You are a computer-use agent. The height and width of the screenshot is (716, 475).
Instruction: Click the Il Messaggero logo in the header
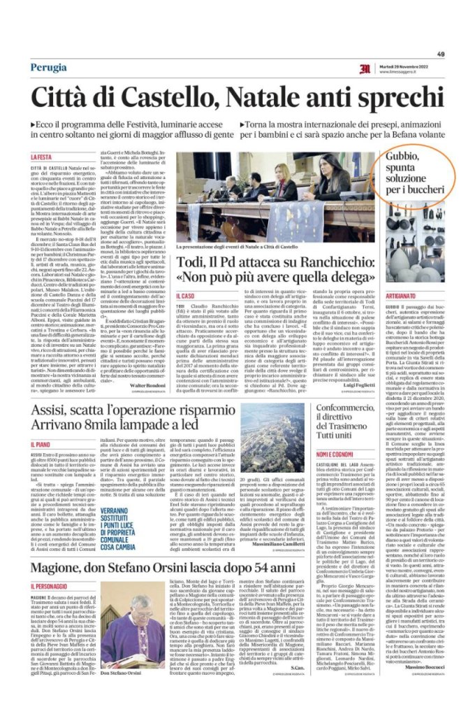click(365, 68)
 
